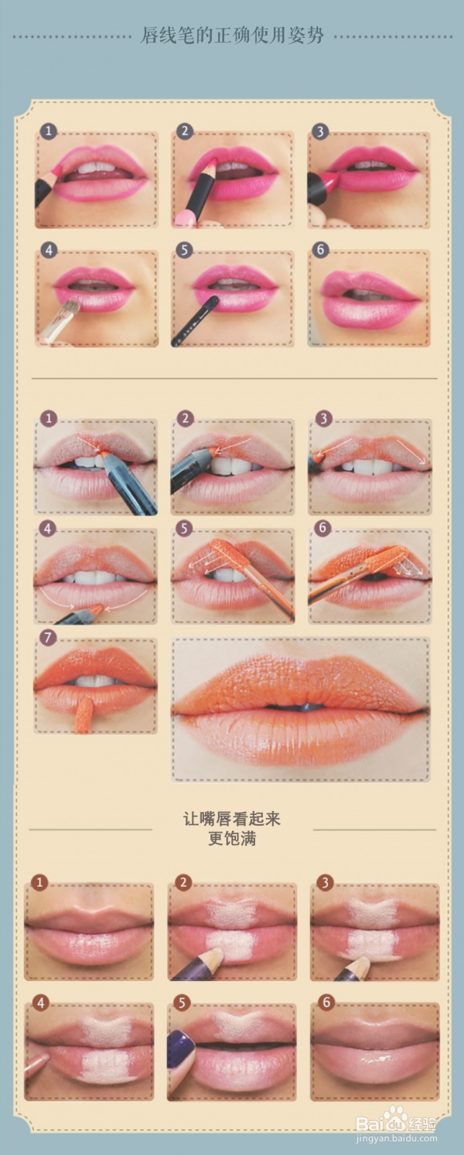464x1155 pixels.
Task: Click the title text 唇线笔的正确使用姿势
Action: pyautogui.click(x=232, y=36)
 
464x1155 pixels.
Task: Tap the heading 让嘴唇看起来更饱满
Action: pyautogui.click(x=232, y=829)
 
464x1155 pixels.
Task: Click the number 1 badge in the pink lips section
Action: pyautogui.click(x=49, y=131)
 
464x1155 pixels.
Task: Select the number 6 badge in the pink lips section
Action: pyautogui.click(x=320, y=250)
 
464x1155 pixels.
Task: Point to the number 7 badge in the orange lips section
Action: pyautogui.click(x=48, y=637)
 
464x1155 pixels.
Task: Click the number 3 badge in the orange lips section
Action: pyautogui.click(x=323, y=418)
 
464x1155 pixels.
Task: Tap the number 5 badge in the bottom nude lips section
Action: pyautogui.click(x=182, y=1003)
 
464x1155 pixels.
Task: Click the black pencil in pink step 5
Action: pyautogui.click(x=195, y=320)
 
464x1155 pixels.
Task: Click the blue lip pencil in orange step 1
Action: pyautogui.click(x=129, y=482)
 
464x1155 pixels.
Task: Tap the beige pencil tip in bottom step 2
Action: pyautogui.click(x=217, y=958)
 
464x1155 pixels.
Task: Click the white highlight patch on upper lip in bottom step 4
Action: pyautogui.click(x=106, y=1028)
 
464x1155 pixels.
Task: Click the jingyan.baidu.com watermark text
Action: pyautogui.click(x=396, y=1138)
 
